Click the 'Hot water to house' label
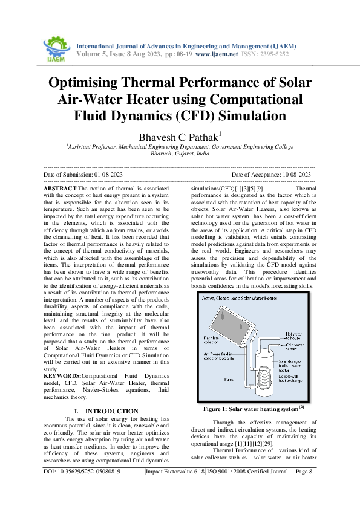coord(295,334)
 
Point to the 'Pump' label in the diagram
coord(212,379)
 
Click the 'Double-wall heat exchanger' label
coord(295,380)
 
